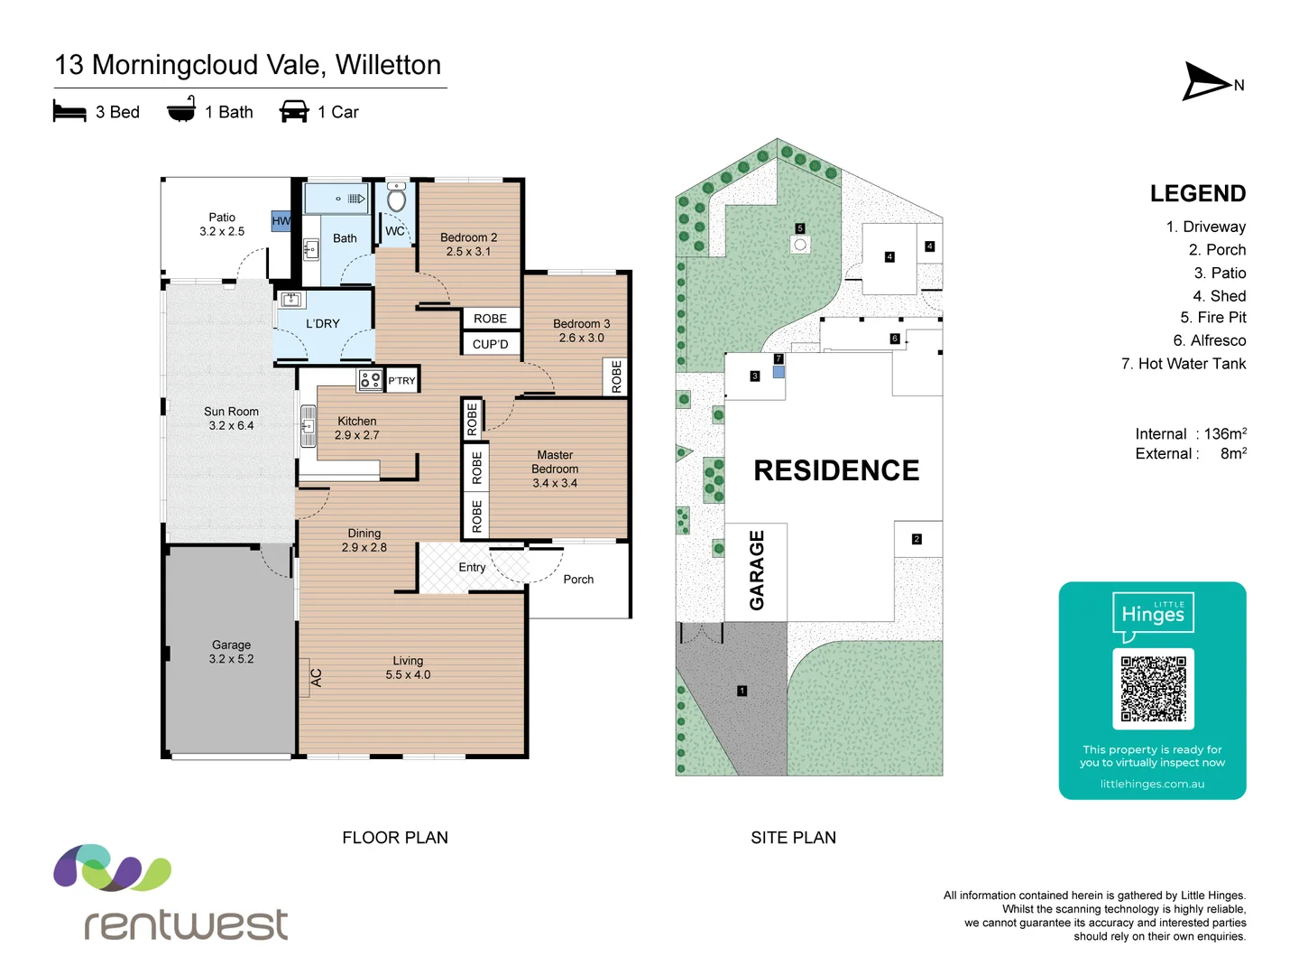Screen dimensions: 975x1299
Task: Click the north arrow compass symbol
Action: pos(1207,82)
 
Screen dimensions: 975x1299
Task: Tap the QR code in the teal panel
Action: pos(1153,688)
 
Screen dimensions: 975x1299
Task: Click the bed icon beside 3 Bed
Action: pos(69,111)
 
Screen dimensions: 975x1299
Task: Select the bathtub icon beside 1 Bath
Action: pos(181,110)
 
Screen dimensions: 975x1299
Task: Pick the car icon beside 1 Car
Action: pos(294,111)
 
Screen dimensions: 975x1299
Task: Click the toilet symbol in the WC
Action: pos(396,198)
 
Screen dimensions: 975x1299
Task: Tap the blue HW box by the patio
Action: pos(281,220)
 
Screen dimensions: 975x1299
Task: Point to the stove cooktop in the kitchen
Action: pos(370,380)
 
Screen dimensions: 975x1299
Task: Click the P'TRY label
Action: pos(401,381)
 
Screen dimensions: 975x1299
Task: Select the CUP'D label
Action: pos(490,344)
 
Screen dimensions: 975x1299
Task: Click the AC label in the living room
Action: pos(316,677)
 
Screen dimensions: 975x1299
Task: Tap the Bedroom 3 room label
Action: pos(581,330)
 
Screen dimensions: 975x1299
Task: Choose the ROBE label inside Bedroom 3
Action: pos(616,376)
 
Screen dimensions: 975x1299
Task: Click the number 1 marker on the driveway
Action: pos(742,691)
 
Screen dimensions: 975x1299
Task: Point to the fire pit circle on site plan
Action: pos(799,245)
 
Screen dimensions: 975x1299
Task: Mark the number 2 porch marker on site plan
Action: pos(917,539)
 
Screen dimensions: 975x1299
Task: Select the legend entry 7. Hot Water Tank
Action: pos(1183,364)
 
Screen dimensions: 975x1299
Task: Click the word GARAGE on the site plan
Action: pos(757,570)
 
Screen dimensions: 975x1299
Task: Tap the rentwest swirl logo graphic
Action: pos(112,868)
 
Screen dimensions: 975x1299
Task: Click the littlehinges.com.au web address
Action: pos(1152,784)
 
